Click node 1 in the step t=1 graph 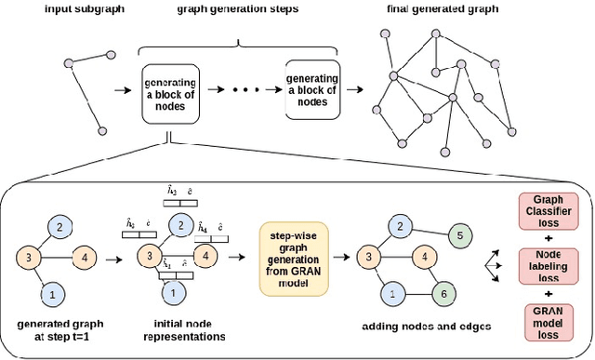pyautogui.click(x=53, y=294)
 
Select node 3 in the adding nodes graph pyautogui.click(x=369, y=258)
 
